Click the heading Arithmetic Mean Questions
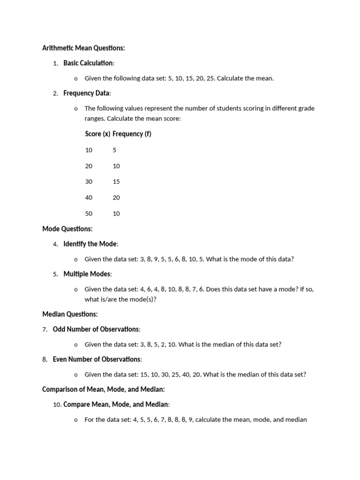point(83,48)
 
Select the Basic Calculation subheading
point(88,63)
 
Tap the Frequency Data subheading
point(87,93)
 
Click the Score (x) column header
point(97,134)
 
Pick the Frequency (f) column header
point(132,134)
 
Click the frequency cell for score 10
point(114,150)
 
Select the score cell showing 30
point(89,181)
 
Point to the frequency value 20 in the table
point(116,197)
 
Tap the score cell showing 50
point(89,213)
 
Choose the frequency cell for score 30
point(116,181)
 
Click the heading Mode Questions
point(67,229)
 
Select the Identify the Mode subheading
point(90,244)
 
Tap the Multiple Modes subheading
point(87,274)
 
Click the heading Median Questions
point(70,314)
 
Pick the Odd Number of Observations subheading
point(96,329)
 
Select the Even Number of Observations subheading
point(97,359)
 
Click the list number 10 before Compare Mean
point(57,405)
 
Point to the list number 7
point(45,330)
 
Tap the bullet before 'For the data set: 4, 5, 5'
point(76,420)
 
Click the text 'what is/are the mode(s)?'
point(120,299)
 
